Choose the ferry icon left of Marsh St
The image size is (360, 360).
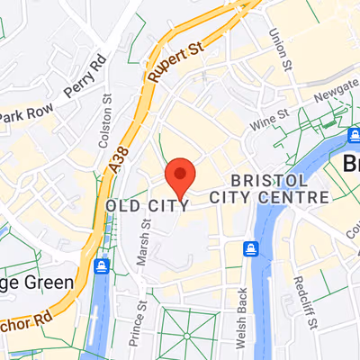102,266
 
